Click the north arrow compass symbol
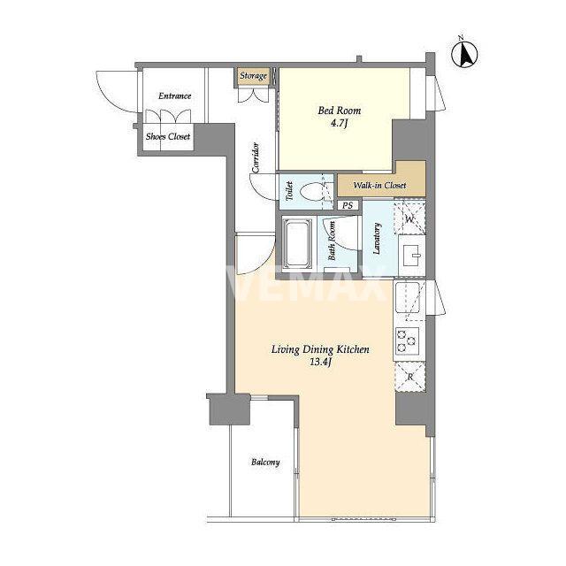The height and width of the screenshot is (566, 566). [x=464, y=54]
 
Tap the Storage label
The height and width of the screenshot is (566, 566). [x=254, y=76]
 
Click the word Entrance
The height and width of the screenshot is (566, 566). [x=175, y=96]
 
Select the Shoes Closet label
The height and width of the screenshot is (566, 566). [x=168, y=136]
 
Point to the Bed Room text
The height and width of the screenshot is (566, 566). [x=340, y=111]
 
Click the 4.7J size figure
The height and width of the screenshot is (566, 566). [x=339, y=124]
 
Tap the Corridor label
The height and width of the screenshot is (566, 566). [x=256, y=157]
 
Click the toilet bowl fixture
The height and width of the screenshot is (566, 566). [x=310, y=191]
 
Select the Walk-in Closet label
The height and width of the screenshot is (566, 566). [x=379, y=185]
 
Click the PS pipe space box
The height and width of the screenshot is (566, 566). [x=348, y=205]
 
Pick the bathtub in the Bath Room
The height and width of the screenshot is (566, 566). [x=296, y=244]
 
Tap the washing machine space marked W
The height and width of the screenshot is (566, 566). [x=409, y=218]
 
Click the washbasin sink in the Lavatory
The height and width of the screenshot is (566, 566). [x=412, y=256]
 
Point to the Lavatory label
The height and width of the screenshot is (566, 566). [x=377, y=239]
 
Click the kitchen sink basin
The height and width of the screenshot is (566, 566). [x=408, y=297]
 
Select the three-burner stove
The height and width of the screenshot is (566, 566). [x=407, y=340]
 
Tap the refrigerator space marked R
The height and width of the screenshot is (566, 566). [x=410, y=377]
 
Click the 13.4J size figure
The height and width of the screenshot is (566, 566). [x=320, y=363]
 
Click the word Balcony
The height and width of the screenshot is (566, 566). [x=265, y=462]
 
